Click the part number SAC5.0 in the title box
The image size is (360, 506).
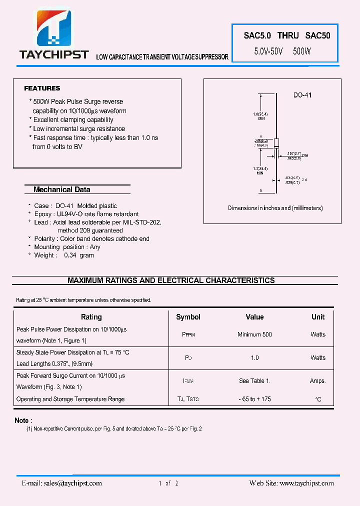(x=257, y=35)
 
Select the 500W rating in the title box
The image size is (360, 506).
(x=302, y=51)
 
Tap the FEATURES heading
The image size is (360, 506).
(x=42, y=88)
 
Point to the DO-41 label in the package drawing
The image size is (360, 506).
(x=302, y=95)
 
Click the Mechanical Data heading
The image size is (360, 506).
(x=62, y=189)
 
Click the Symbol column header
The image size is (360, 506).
(x=188, y=317)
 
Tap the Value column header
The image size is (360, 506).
(x=254, y=317)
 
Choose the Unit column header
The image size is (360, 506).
(x=318, y=317)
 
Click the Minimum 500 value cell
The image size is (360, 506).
(x=254, y=334)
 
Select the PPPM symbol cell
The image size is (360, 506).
(x=188, y=335)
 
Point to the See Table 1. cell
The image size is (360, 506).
(x=254, y=381)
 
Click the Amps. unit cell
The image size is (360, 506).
(x=317, y=381)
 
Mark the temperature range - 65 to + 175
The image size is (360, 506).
(x=254, y=399)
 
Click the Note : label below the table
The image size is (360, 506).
(x=23, y=420)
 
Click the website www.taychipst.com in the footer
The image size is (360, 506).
(x=306, y=483)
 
